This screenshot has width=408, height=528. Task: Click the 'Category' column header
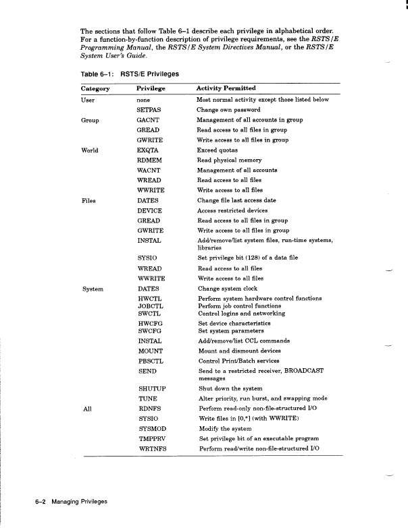click(x=95, y=88)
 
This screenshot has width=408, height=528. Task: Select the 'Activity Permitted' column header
click(x=226, y=88)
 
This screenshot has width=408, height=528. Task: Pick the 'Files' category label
click(x=89, y=200)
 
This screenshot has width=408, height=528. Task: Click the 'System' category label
click(x=92, y=289)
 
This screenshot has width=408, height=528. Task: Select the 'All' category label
click(x=86, y=409)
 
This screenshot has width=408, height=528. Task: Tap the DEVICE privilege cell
click(x=149, y=210)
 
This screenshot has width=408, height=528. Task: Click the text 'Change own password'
click(x=228, y=110)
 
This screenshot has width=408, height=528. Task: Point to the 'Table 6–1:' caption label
click(x=94, y=74)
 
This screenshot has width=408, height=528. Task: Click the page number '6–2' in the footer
click(x=45, y=502)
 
